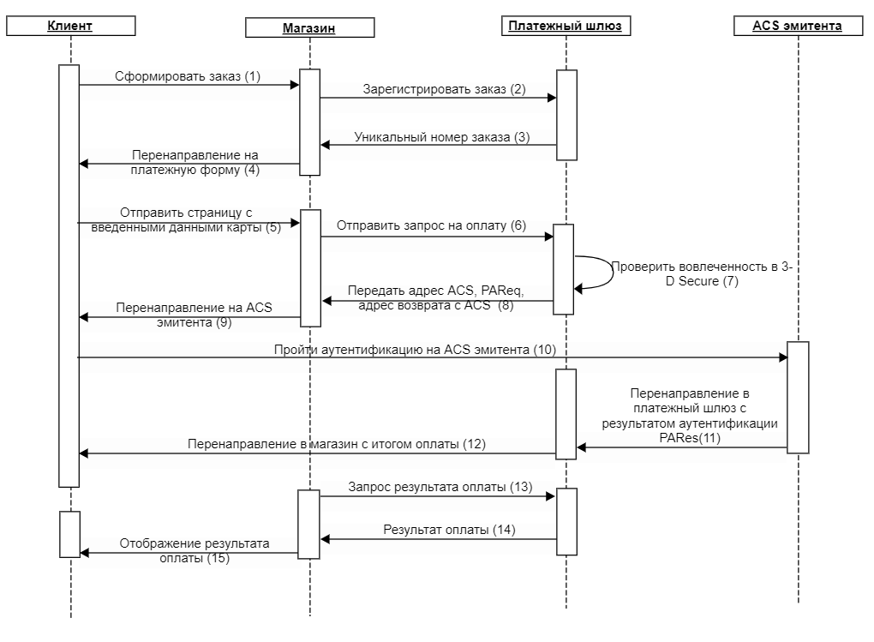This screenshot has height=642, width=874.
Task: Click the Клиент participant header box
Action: tap(71, 26)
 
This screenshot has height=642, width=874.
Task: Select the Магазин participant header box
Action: tap(310, 28)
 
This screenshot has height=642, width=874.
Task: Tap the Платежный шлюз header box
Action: tap(566, 26)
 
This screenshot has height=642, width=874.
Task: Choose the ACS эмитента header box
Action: tap(798, 26)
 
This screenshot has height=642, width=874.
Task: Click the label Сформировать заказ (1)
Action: tap(188, 76)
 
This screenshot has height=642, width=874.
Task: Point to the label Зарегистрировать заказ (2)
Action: tap(444, 89)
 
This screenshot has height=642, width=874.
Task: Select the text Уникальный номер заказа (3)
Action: tap(441, 137)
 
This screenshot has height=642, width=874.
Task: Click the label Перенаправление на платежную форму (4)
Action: tap(195, 162)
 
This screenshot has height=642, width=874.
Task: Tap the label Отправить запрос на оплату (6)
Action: tap(431, 225)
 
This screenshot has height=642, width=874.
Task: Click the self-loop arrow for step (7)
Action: tap(612, 273)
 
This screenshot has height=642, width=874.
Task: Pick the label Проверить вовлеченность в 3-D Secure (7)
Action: tap(702, 274)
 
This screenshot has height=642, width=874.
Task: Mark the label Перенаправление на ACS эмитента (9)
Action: tap(194, 315)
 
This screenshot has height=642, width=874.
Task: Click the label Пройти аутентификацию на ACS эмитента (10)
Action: tap(415, 350)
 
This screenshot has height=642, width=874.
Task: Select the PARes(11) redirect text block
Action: tap(690, 416)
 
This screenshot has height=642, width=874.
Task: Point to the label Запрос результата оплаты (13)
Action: tap(440, 487)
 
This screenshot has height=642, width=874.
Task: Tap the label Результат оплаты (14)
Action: tap(449, 530)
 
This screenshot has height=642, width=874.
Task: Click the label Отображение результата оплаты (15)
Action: tap(195, 550)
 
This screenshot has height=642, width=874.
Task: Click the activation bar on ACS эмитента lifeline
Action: tap(798, 398)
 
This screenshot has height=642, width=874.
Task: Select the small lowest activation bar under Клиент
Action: tap(69, 534)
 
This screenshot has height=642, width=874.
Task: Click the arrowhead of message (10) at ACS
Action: tap(783, 357)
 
